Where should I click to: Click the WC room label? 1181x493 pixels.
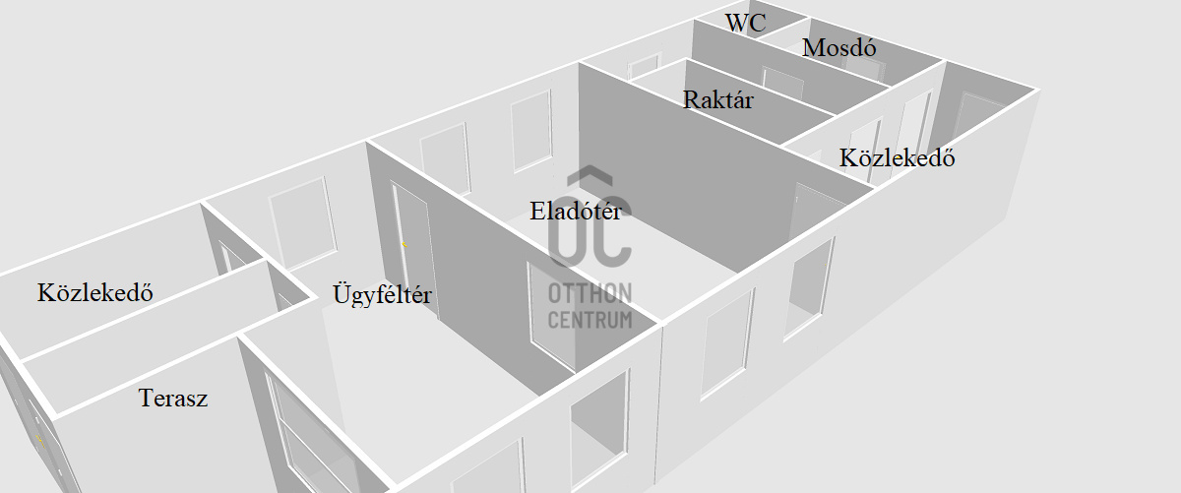[746, 24]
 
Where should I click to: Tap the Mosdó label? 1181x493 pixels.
[839, 47]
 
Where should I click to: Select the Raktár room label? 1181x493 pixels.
[717, 99]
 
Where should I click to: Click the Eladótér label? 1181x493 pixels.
[576, 210]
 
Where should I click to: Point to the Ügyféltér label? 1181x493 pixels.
[382, 293]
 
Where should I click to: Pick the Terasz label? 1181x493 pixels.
[173, 399]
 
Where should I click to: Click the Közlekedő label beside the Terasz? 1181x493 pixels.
[95, 292]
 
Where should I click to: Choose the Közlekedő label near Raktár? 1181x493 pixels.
[897, 157]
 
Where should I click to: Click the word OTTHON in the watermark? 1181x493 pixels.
[590, 293]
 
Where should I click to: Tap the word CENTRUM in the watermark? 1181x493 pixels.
[590, 320]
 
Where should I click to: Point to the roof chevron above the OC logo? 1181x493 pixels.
[590, 178]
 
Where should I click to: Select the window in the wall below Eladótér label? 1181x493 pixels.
[551, 315]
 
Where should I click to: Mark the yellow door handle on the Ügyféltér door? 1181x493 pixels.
[404, 243]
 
